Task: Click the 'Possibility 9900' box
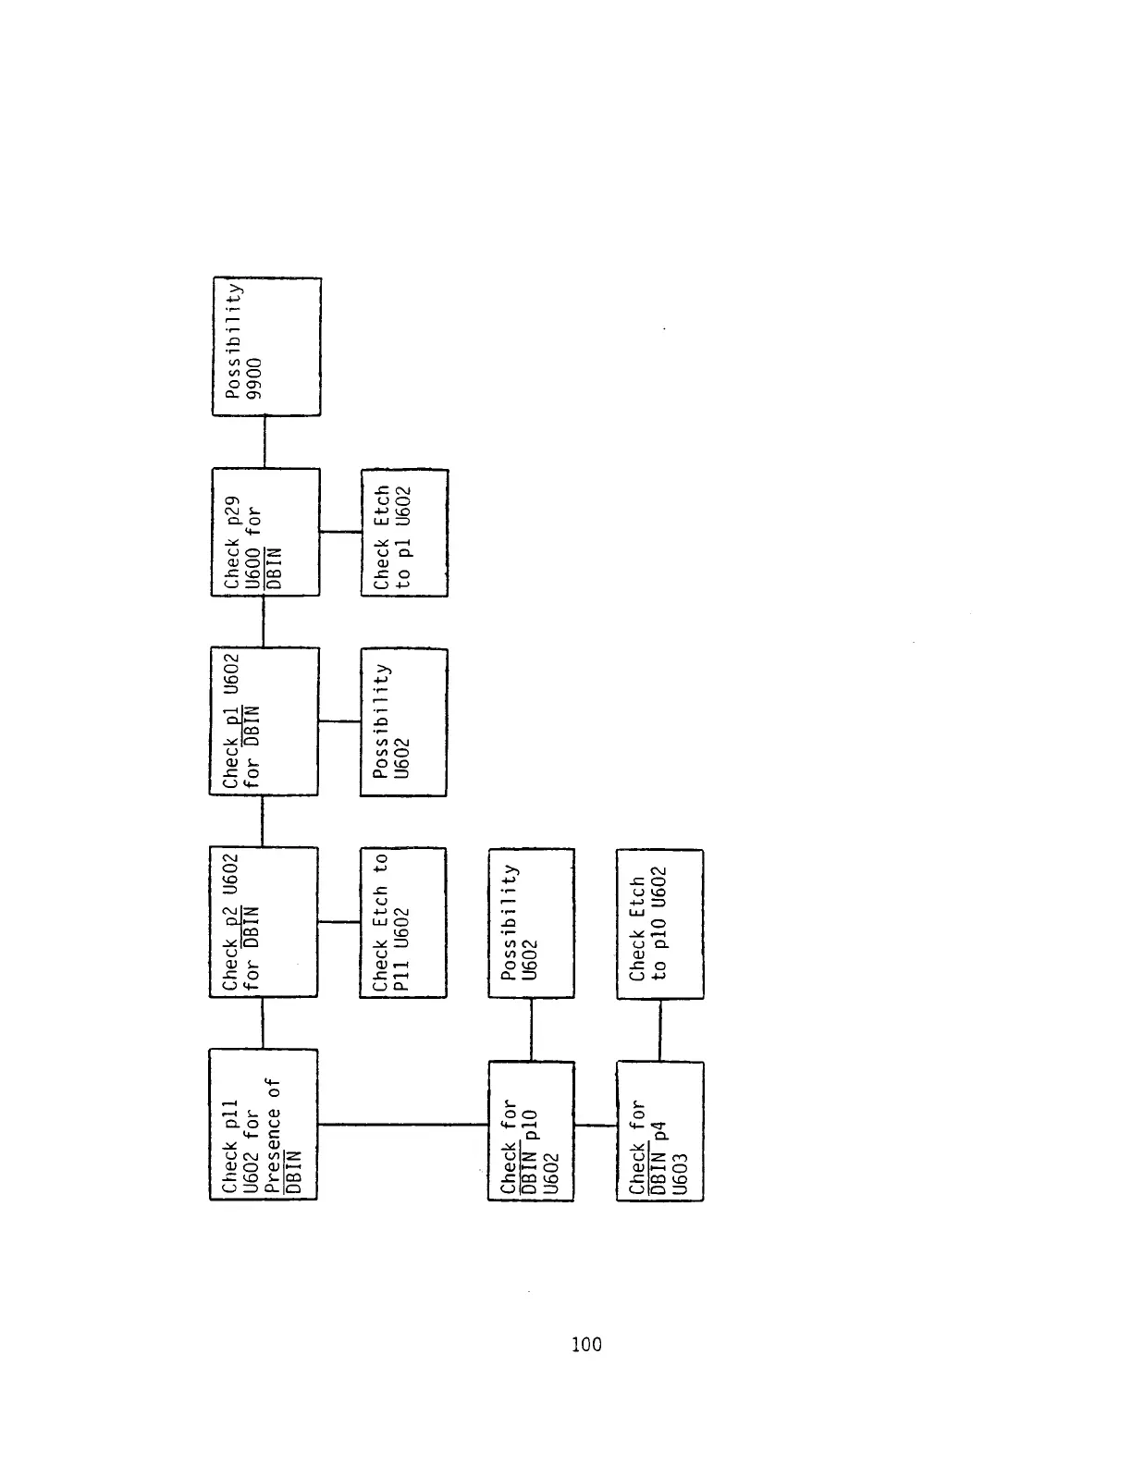(267, 346)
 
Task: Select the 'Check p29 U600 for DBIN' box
(265, 532)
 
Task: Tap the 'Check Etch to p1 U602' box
(404, 533)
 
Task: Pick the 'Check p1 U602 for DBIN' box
(264, 721)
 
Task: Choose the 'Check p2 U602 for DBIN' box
(264, 921)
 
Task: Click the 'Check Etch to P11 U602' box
(403, 922)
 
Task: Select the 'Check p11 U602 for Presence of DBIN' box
(264, 1124)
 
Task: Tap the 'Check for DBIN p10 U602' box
(531, 1130)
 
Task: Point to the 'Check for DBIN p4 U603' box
(659, 1130)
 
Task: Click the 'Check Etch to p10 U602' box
(659, 924)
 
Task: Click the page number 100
(586, 1345)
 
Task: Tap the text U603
(681, 1175)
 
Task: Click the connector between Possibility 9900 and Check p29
(265, 442)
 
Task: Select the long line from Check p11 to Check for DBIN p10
(402, 1125)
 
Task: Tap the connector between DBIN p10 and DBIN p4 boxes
(596, 1126)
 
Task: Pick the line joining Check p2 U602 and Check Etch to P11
(338, 922)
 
